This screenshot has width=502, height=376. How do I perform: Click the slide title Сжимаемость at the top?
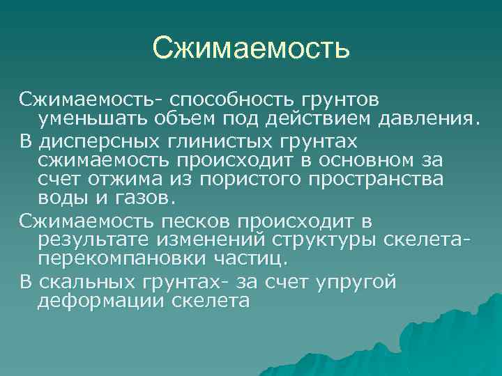250,48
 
